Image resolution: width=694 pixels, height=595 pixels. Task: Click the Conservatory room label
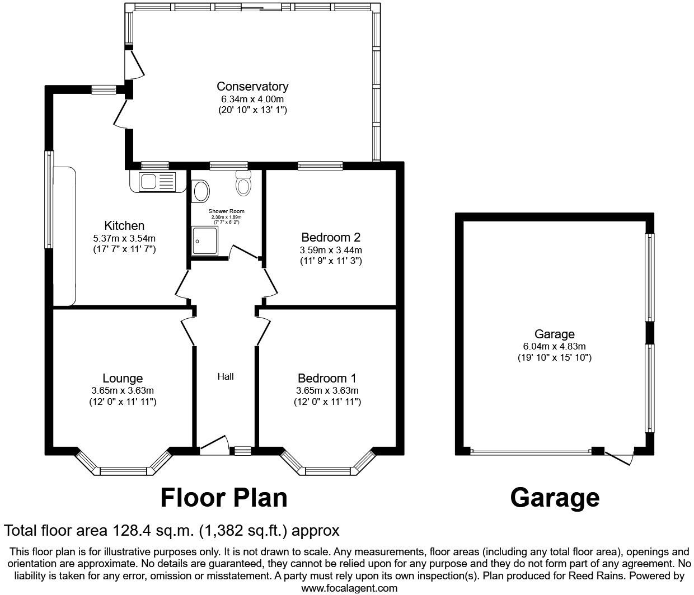coord(252,86)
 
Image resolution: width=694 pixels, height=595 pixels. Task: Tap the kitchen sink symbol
coord(153,182)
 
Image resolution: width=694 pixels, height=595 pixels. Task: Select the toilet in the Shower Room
coord(243,184)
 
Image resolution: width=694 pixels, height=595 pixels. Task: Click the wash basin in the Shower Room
coord(200,191)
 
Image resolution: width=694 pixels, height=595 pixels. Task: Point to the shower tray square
coord(207,241)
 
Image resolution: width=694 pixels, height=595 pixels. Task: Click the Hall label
coord(226,376)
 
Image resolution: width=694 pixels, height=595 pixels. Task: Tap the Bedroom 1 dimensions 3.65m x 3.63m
coord(327,391)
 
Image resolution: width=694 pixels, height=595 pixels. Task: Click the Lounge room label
coord(123,379)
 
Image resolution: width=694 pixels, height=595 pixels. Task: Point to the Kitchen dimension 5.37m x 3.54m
coord(124,238)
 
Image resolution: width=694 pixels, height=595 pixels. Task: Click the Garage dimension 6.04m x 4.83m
coord(554,346)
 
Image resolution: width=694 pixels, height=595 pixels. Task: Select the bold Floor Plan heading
coord(224,497)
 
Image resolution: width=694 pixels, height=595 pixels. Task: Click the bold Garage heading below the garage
coord(554,497)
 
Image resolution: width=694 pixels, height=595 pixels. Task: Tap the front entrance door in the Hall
coord(215,443)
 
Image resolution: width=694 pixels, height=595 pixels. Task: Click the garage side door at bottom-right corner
coord(620,457)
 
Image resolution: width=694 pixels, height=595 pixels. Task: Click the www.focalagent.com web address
coord(349,588)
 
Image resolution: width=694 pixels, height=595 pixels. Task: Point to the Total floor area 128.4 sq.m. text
coord(171,530)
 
